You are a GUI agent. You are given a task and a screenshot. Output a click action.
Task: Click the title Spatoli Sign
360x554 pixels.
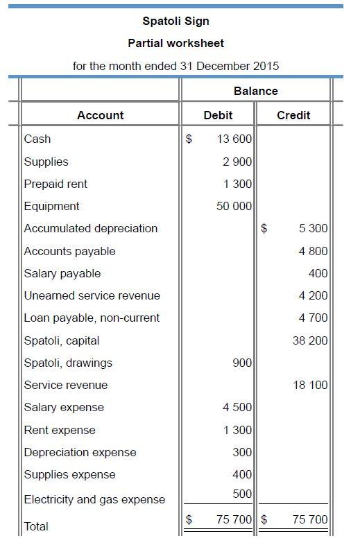[x=175, y=21]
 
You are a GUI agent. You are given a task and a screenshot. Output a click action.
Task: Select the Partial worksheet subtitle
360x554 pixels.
[x=175, y=43]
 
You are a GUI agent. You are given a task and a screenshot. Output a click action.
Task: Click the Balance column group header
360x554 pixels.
[x=255, y=91]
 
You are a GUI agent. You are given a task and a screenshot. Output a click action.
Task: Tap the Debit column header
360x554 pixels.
[x=218, y=115]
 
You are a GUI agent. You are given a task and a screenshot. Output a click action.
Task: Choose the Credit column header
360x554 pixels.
[x=293, y=115]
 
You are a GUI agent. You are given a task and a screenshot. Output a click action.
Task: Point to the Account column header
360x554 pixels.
[x=101, y=115]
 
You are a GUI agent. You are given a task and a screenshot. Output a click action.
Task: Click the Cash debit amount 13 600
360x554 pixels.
[x=234, y=139]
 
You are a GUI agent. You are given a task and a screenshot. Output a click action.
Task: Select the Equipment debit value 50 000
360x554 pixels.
[x=234, y=206]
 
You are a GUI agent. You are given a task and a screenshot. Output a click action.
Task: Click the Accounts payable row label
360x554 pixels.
[x=69, y=251]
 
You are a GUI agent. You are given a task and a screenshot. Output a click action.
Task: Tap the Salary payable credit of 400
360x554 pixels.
[x=318, y=273]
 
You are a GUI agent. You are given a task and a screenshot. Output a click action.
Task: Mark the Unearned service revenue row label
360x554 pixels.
[x=92, y=295]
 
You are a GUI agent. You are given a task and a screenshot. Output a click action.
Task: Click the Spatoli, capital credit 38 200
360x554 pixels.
[x=310, y=340]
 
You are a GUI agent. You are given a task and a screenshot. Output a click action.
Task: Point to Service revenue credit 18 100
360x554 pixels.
[x=310, y=385]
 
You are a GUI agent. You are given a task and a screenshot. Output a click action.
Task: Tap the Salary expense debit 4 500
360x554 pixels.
[x=237, y=407]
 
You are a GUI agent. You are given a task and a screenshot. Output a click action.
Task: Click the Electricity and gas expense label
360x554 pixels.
[x=94, y=499]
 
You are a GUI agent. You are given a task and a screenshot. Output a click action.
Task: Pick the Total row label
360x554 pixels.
[x=36, y=526]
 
